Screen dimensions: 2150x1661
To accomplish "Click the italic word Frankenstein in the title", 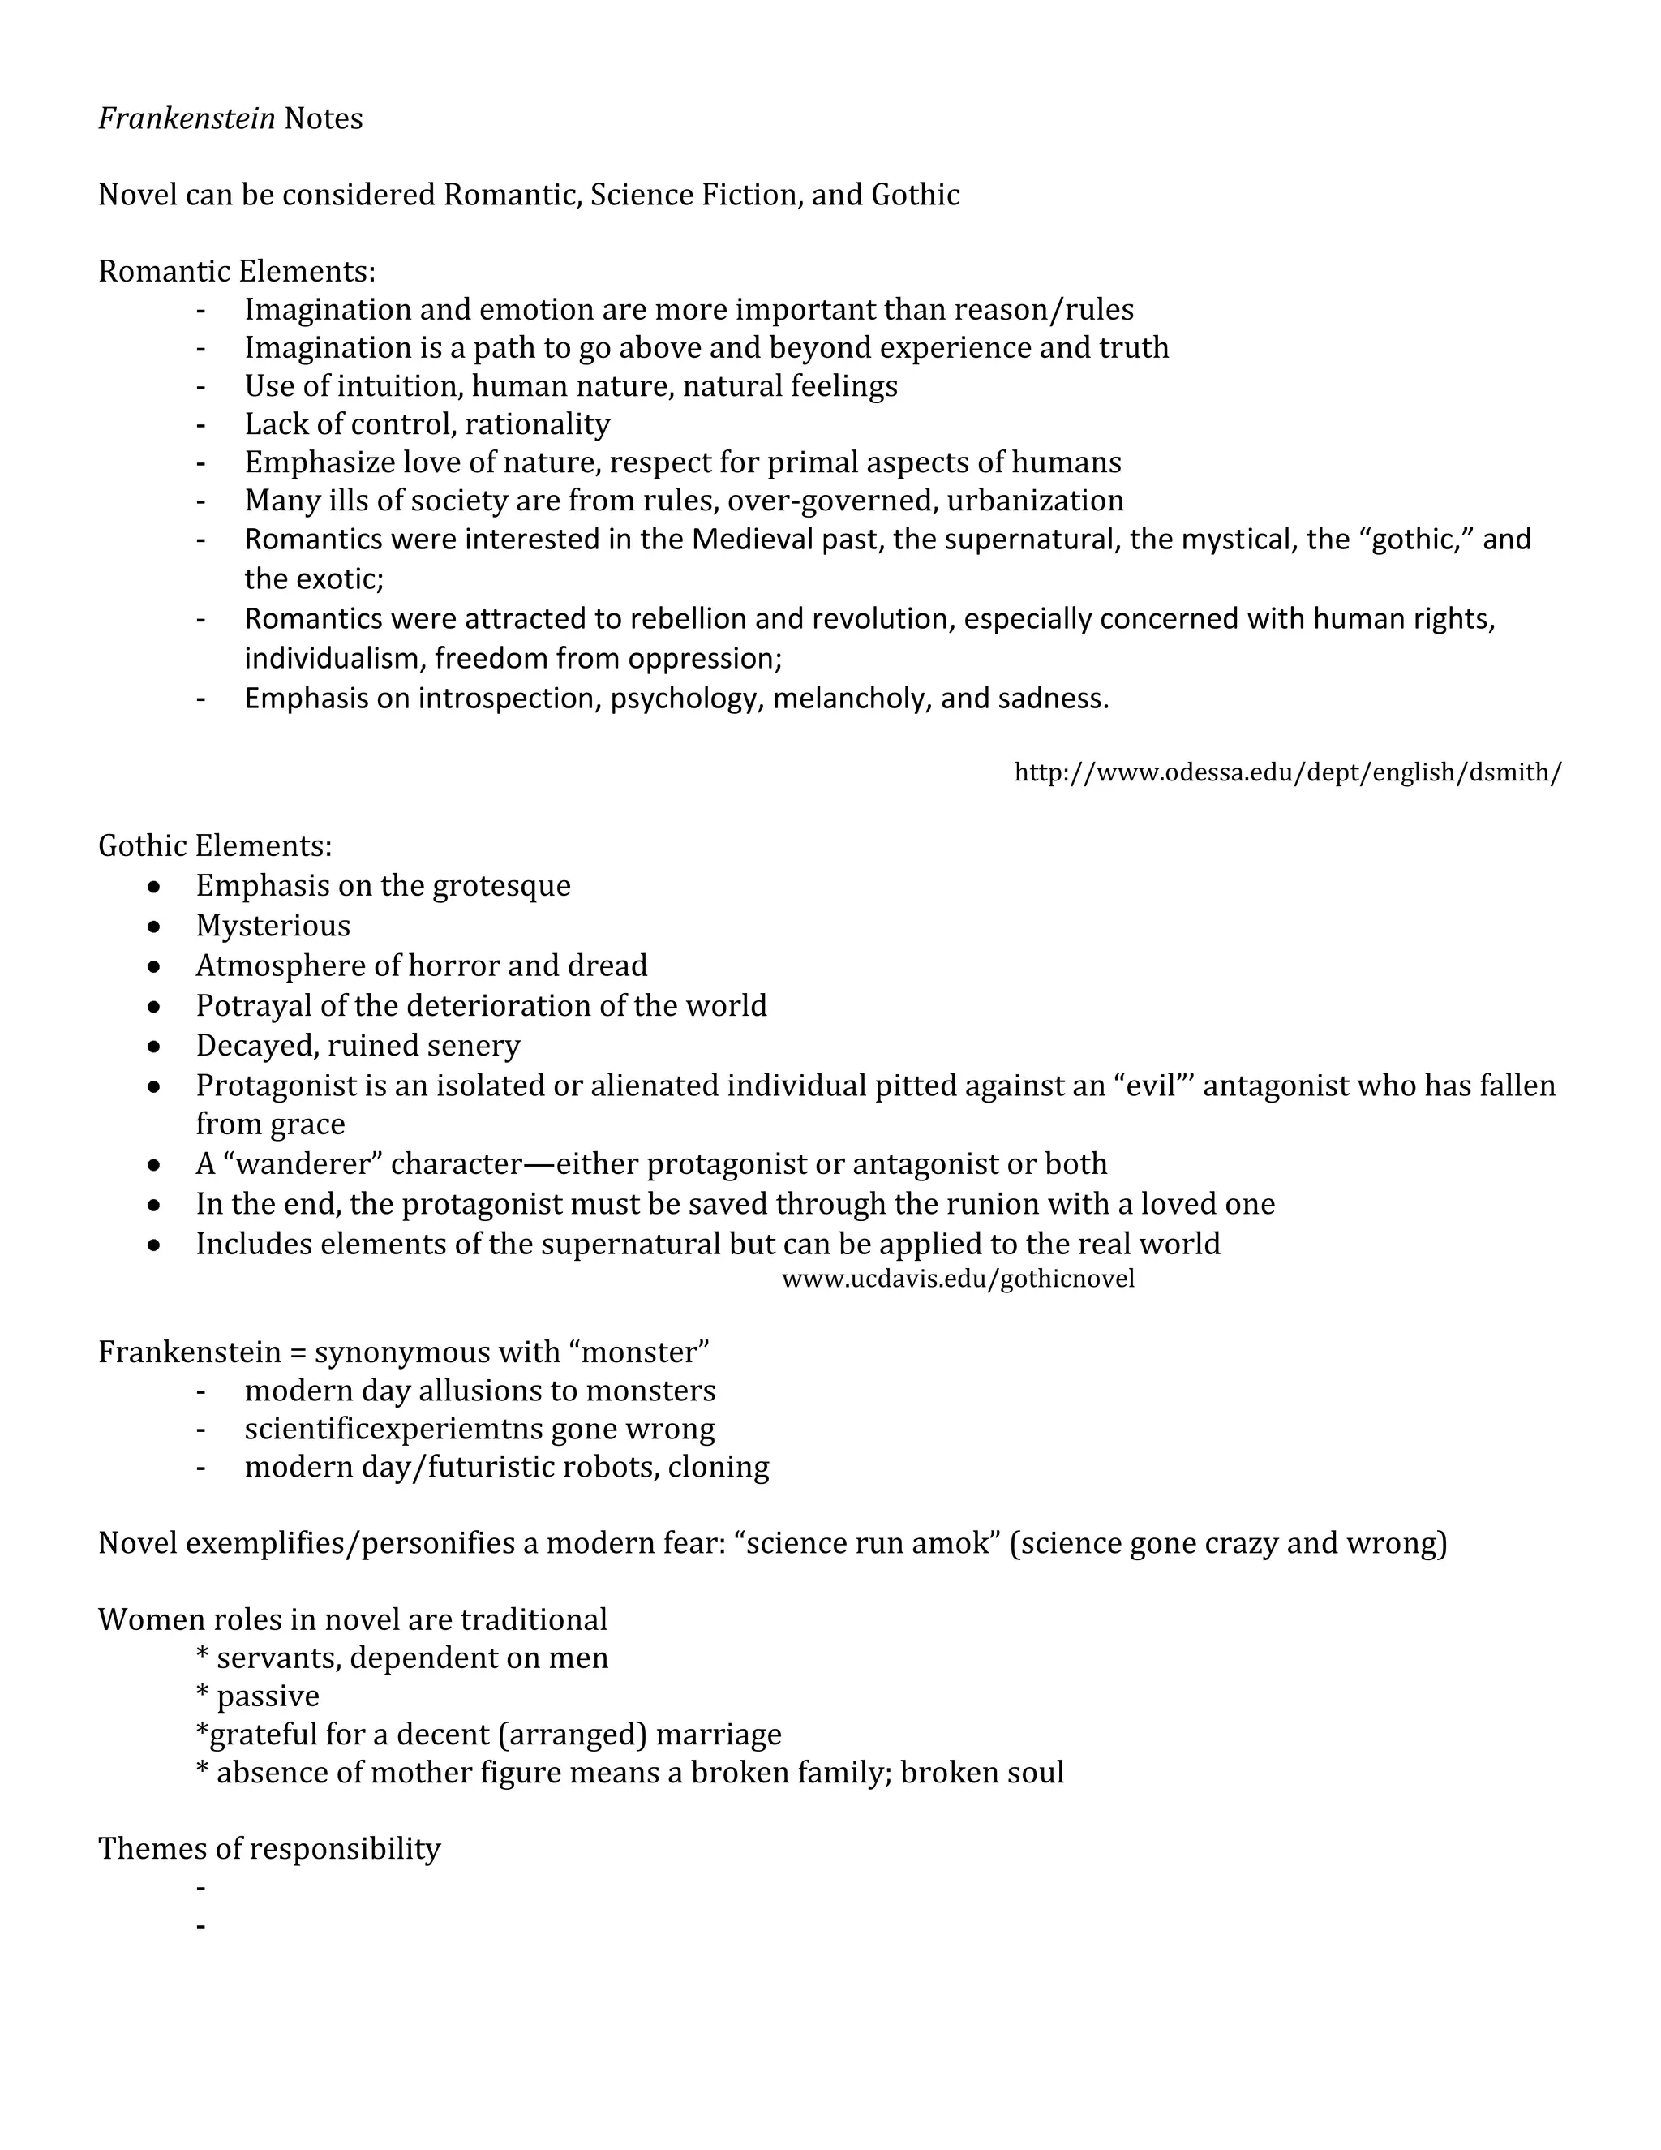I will click(x=186, y=119).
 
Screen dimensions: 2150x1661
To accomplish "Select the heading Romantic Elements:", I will click(x=236, y=271).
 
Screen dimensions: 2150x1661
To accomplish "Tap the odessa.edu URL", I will click(x=1287, y=772).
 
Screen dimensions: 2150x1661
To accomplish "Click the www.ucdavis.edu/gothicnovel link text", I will click(x=958, y=1279).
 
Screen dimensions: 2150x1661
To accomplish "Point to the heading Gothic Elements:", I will click(x=214, y=845).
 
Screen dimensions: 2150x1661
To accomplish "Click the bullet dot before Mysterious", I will click(x=153, y=927).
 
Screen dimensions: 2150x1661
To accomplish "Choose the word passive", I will click(x=268, y=1696).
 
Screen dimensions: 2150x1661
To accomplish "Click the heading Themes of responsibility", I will click(x=268, y=1849).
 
